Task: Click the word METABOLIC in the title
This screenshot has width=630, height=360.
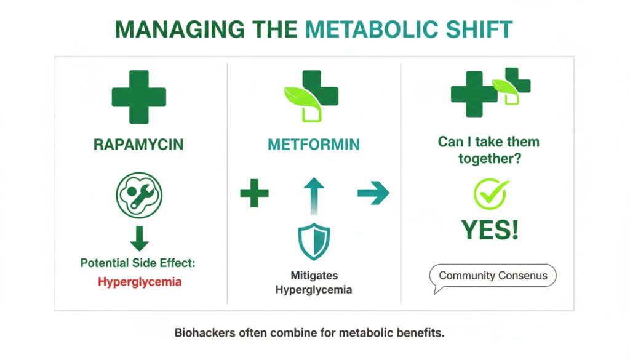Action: click(366, 30)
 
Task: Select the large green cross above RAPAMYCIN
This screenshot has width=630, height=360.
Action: click(138, 97)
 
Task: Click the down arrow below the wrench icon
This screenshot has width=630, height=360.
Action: click(139, 237)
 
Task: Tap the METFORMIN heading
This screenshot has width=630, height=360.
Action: click(314, 145)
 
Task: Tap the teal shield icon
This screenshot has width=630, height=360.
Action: click(314, 242)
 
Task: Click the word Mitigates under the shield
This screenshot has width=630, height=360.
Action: click(314, 275)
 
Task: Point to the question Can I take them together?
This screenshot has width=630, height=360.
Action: click(488, 150)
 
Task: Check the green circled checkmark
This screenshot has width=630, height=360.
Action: click(489, 193)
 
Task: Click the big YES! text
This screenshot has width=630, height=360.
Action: click(489, 230)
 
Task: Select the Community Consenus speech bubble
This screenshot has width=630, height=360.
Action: click(493, 276)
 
